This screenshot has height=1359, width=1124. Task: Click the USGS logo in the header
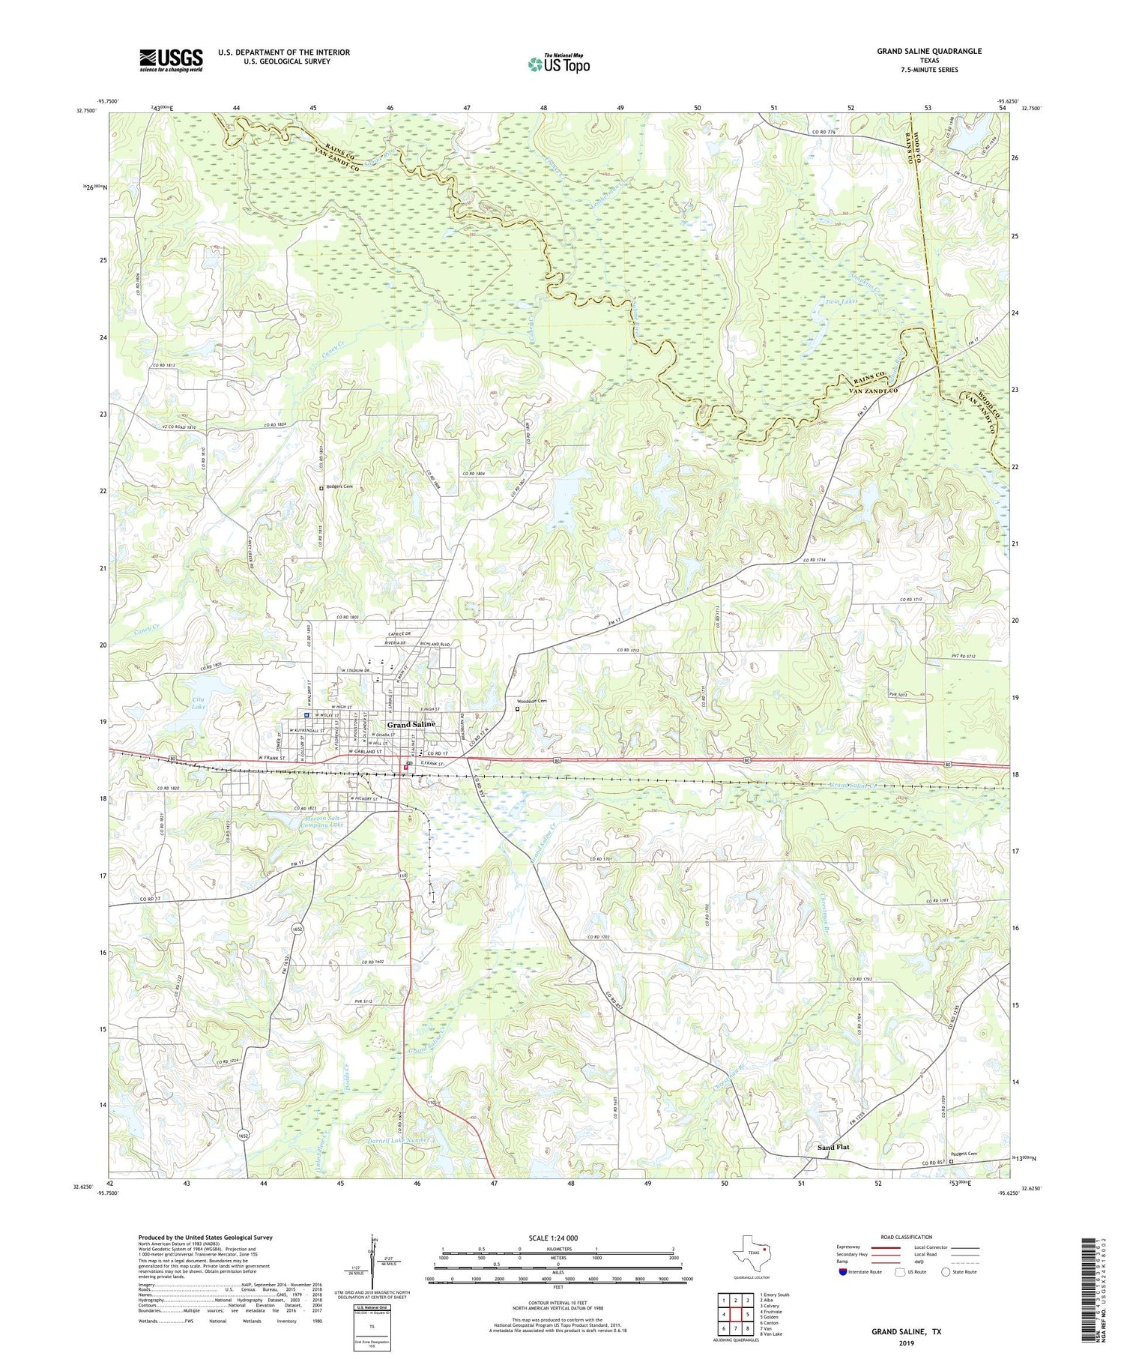[x=171, y=60]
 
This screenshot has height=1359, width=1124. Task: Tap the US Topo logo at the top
[x=558, y=64]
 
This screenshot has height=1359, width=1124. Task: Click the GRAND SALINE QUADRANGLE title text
[x=928, y=51]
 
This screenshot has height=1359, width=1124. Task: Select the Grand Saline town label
[x=411, y=725]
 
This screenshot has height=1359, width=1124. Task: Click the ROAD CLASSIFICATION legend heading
[x=907, y=1238]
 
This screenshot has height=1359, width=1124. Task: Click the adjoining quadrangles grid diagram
[x=736, y=1314]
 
